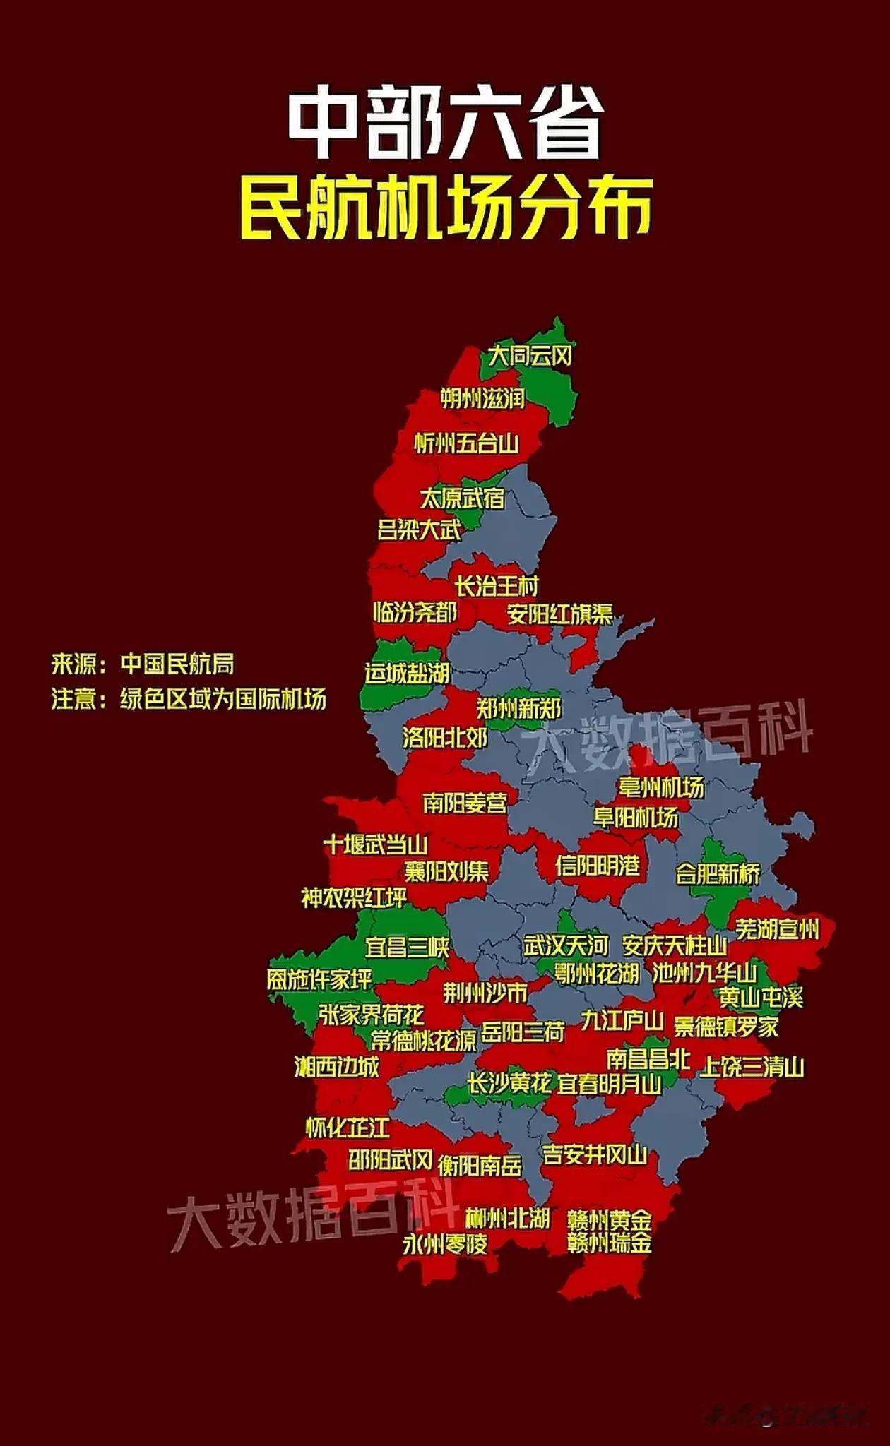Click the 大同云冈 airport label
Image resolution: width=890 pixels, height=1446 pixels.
pos(530,356)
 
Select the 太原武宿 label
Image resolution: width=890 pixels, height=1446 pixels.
pos(463,498)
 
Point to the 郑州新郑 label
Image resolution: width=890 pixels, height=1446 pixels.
pos(519,708)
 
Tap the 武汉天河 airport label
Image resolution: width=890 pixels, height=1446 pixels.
pos(566,945)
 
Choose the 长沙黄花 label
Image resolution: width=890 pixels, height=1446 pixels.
pos(509,1082)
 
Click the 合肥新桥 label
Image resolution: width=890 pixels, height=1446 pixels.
pos(718,874)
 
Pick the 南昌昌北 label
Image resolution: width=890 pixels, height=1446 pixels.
pos(648,1058)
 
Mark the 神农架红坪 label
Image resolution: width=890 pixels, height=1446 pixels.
pos(355,898)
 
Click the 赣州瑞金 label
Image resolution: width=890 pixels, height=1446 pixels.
pos(610,1243)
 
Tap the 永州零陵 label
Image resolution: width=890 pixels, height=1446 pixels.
pos(445,1244)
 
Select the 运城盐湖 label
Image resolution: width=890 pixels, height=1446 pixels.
pos(408,674)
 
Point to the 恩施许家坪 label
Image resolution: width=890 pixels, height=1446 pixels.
pos(319,979)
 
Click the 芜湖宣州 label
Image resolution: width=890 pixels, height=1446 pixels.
pos(778,929)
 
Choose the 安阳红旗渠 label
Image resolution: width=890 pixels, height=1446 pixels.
pos(560,614)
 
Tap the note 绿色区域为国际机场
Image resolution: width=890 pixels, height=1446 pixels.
pos(223,699)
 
